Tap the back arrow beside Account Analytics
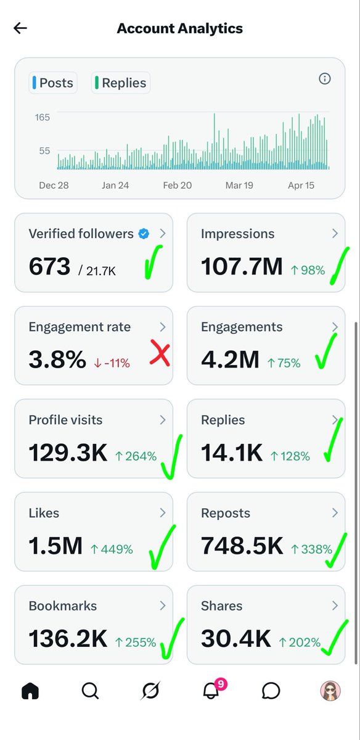pyautogui.click(x=20, y=28)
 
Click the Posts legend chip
pyautogui.click(x=53, y=83)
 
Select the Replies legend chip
pyautogui.click(x=121, y=83)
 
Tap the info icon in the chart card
pyautogui.click(x=324, y=78)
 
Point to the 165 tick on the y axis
pyautogui.click(x=43, y=117)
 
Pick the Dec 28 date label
pyautogui.click(x=54, y=185)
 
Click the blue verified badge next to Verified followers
pyautogui.click(x=144, y=234)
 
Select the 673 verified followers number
pyautogui.click(x=49, y=266)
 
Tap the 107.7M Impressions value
pyautogui.click(x=242, y=266)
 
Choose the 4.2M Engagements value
pyautogui.click(x=230, y=360)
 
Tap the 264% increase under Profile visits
pyautogui.click(x=136, y=456)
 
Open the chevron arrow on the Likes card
pyautogui.click(x=163, y=512)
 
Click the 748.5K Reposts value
pyautogui.click(x=242, y=546)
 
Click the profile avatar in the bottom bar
pyautogui.click(x=330, y=691)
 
